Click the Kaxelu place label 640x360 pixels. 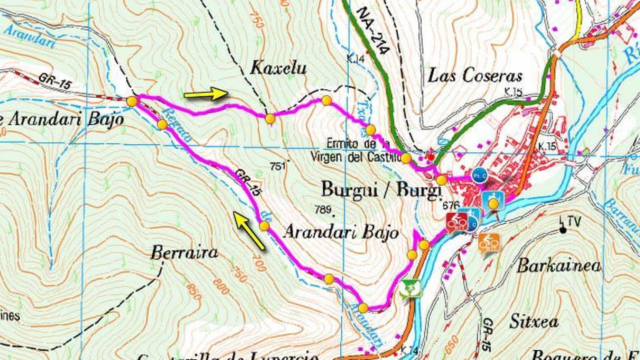pyautogui.click(x=278, y=68)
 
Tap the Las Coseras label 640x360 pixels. pyautogui.click(x=475, y=76)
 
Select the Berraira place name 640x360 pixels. pyautogui.click(x=184, y=253)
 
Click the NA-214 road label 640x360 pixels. pyautogui.click(x=372, y=31)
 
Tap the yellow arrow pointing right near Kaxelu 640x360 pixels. pyautogui.click(x=205, y=94)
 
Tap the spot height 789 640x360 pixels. pyautogui.click(x=323, y=210)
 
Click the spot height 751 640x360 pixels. pyautogui.click(x=278, y=166)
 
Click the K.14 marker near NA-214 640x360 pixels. pyautogui.click(x=355, y=59)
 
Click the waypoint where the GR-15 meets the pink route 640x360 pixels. pyautogui.click(x=132, y=101)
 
